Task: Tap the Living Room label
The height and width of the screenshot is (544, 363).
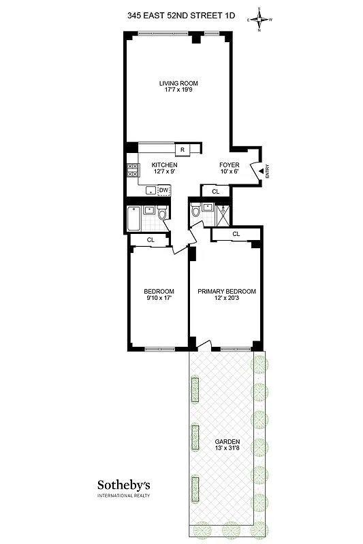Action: pos(178,84)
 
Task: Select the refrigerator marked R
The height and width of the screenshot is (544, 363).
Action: pos(183,150)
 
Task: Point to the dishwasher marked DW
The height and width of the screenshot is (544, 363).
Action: pos(163,190)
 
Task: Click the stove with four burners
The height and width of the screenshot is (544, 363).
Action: pos(132,170)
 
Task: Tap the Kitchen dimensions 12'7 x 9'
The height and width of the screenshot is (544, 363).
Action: pos(164,172)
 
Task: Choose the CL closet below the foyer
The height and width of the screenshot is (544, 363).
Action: pos(216,192)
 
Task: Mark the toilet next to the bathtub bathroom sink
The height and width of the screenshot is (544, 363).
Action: pos(163,215)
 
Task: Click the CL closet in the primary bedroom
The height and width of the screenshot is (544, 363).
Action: pos(236,234)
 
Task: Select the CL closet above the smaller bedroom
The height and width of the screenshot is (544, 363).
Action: pos(151,239)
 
